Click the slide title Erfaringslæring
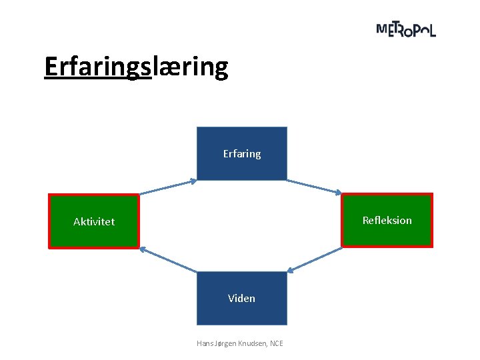click(136, 67)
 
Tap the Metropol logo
click(406, 29)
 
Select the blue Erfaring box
click(242, 167)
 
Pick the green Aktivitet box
click(94, 233)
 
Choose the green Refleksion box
click(387, 233)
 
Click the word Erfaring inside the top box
click(242, 154)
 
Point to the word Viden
click(241, 298)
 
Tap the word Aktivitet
click(94, 221)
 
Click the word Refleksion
click(387, 220)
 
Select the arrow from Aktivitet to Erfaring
click(167, 187)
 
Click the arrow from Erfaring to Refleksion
click(315, 186)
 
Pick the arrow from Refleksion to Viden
click(315, 259)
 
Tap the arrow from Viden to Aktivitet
click(168, 259)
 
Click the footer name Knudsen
click(251, 343)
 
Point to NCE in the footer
click(276, 343)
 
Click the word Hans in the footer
click(204, 343)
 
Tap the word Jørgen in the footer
click(225, 343)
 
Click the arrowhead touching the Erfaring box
click(193, 180)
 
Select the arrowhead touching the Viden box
click(291, 271)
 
